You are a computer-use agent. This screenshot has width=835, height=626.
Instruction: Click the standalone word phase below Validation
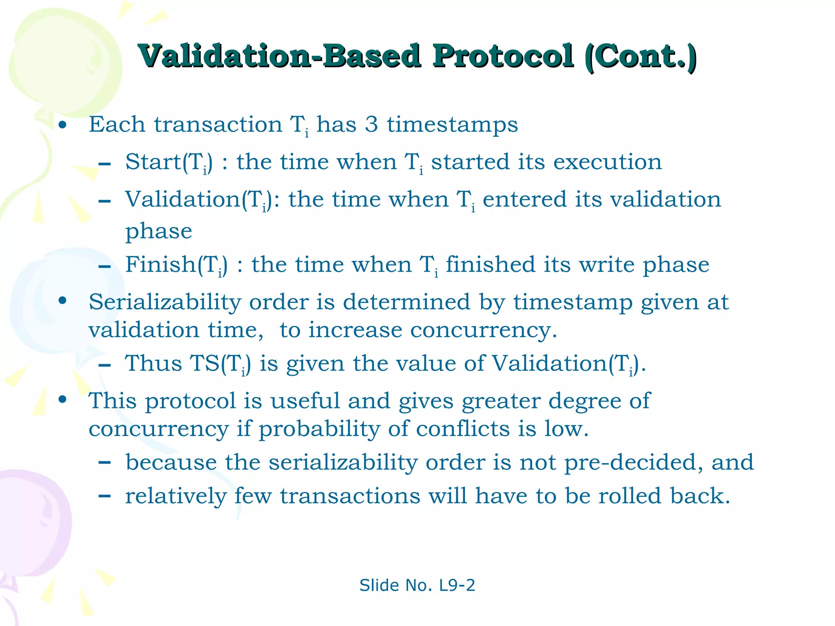[x=159, y=231]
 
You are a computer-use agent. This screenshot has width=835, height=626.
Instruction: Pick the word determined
[x=406, y=302]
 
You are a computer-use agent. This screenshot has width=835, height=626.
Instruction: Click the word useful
[x=305, y=401]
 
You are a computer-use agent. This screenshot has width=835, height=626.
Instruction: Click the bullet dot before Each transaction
[x=62, y=125]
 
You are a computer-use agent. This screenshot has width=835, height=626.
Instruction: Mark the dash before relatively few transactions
[x=105, y=496]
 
